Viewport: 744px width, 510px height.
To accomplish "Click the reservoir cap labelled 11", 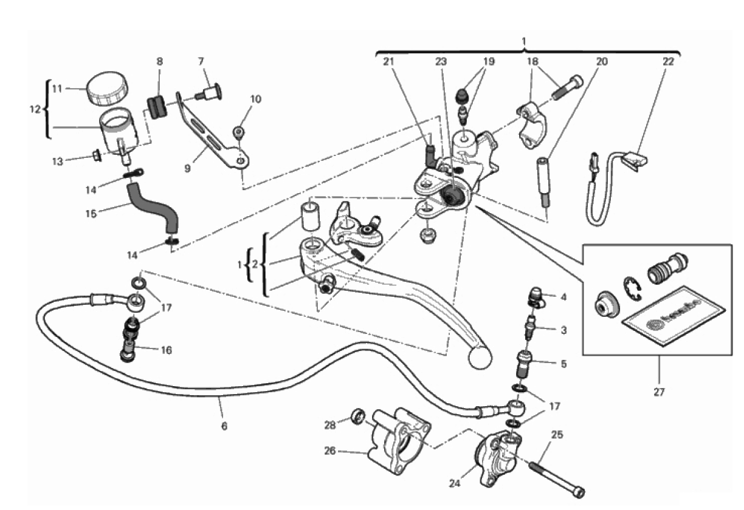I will pos(106,90).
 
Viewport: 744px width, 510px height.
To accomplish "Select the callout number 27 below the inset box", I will pos(658,392).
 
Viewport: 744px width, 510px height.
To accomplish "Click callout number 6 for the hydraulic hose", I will pos(224,426).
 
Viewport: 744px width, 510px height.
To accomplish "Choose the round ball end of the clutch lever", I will pos(480,357).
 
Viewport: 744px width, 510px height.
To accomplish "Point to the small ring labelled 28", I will pos(359,416).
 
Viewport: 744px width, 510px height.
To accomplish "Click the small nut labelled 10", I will pos(240,132).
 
